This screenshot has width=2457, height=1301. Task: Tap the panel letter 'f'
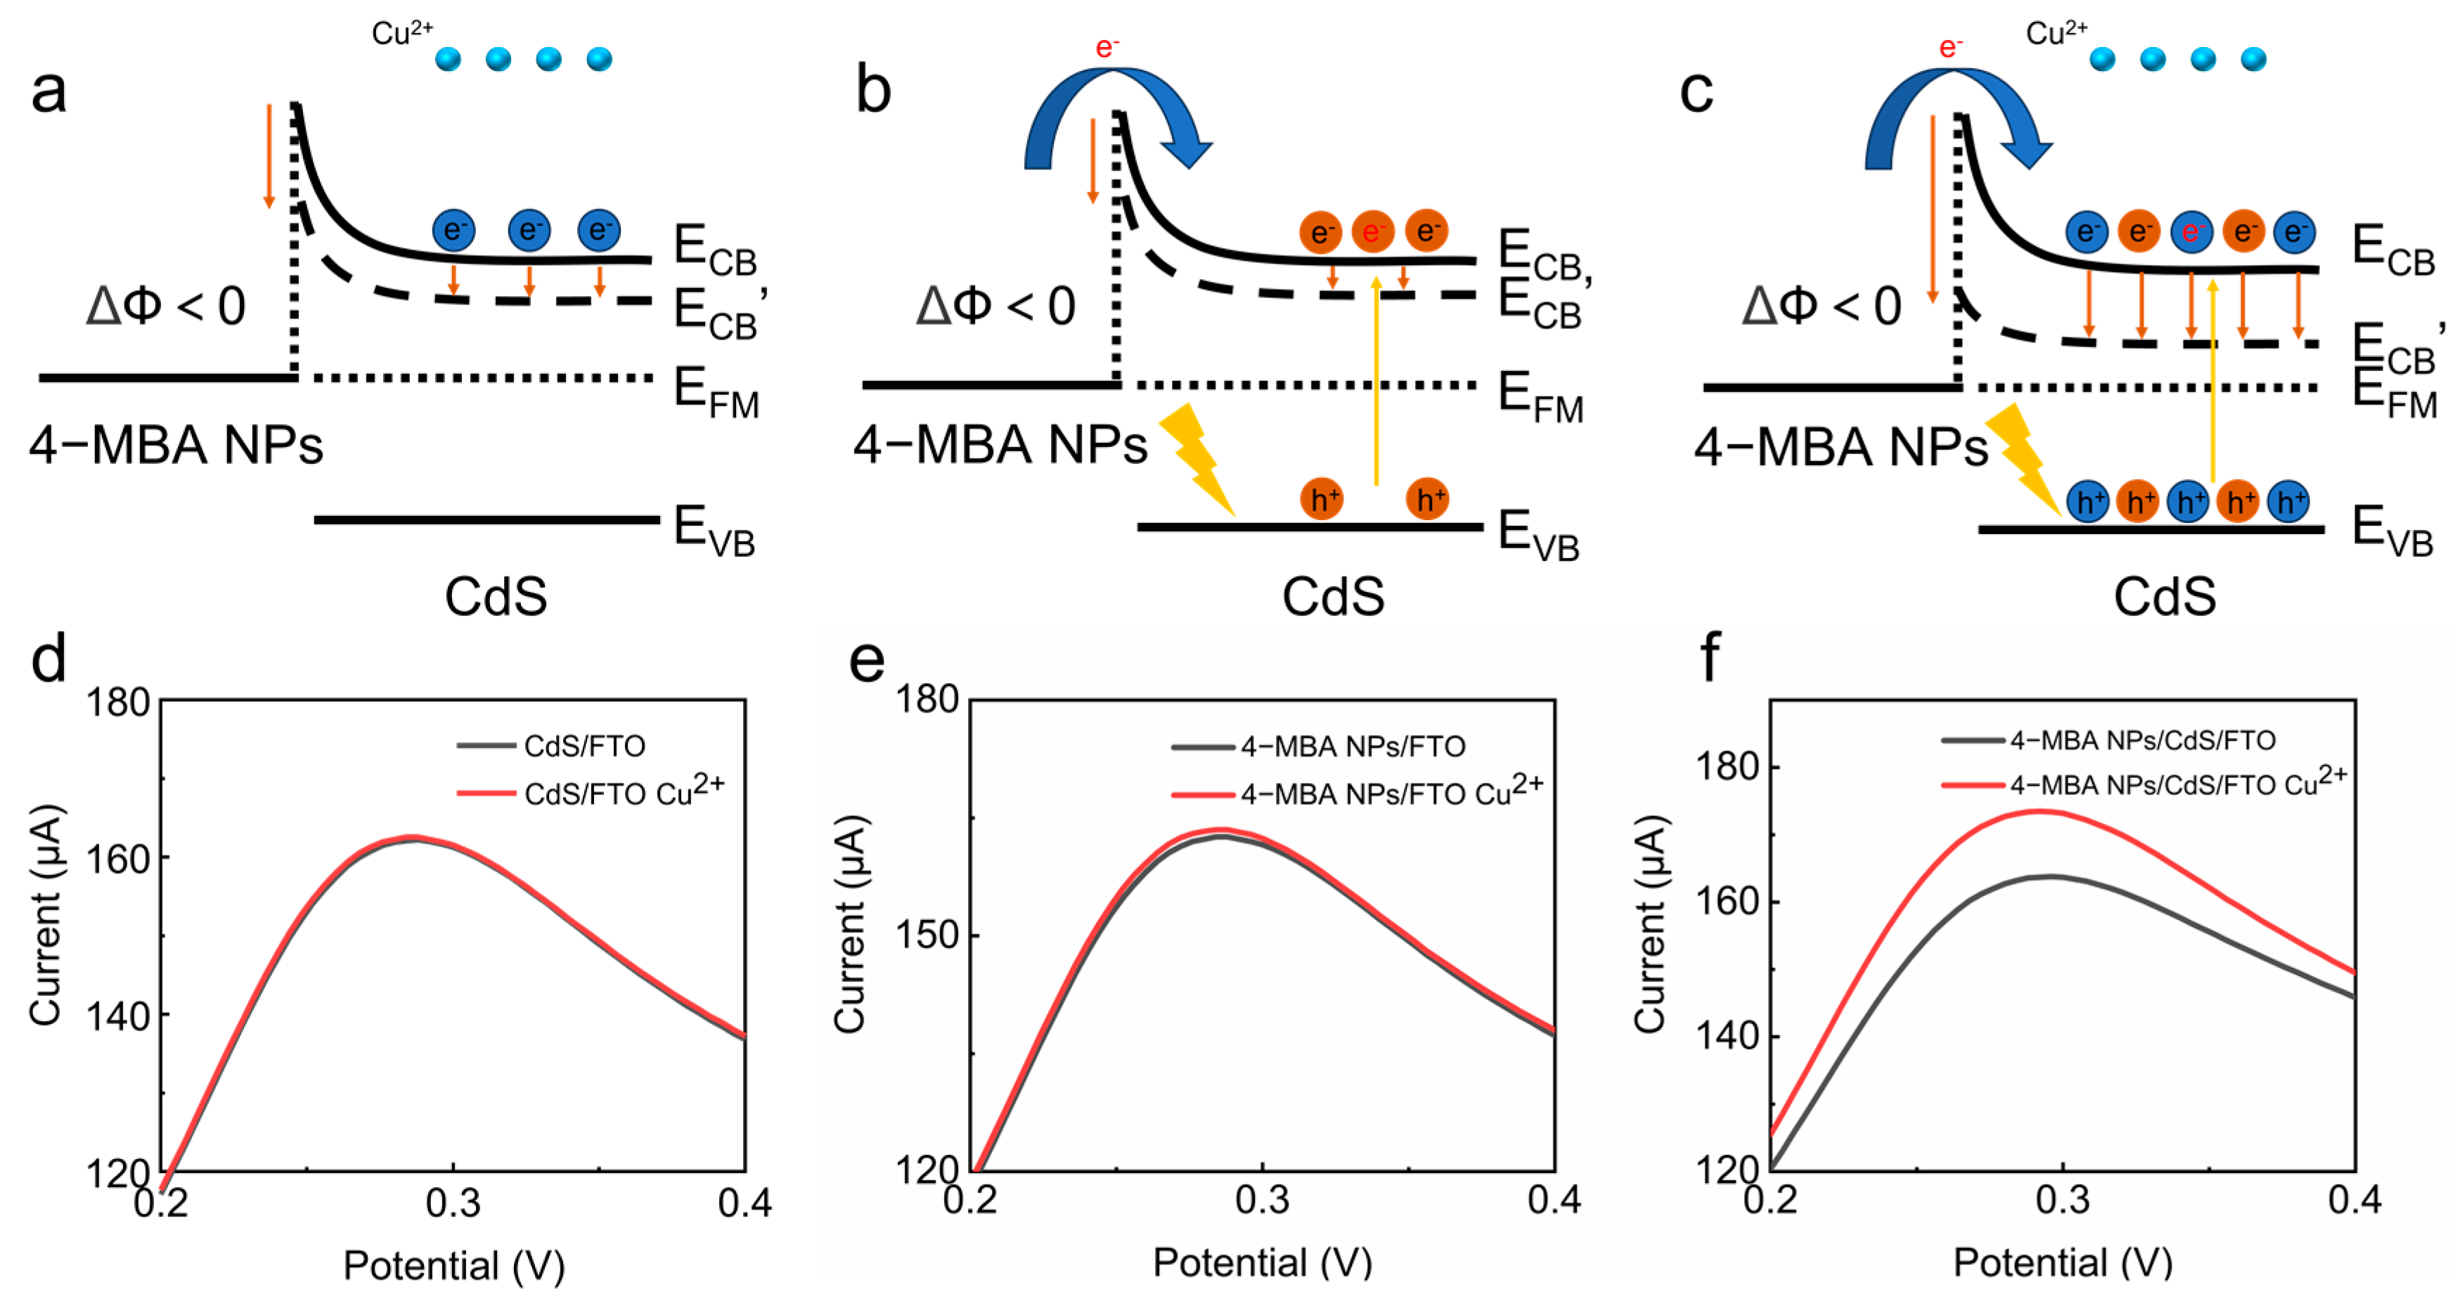[x=1710, y=657]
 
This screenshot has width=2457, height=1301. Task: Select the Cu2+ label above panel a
[x=401, y=33]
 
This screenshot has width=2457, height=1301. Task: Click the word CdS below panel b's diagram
[x=1332, y=597]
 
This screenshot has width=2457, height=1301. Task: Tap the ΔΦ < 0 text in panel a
[x=166, y=306]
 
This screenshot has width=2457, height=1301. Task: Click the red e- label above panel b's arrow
[x=1107, y=46]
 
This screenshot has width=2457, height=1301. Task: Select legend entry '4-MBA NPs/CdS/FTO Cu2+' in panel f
[x=2177, y=784]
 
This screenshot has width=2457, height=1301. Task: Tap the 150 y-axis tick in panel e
[x=926, y=936]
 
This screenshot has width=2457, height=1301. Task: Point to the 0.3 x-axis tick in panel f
[x=2062, y=1199]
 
